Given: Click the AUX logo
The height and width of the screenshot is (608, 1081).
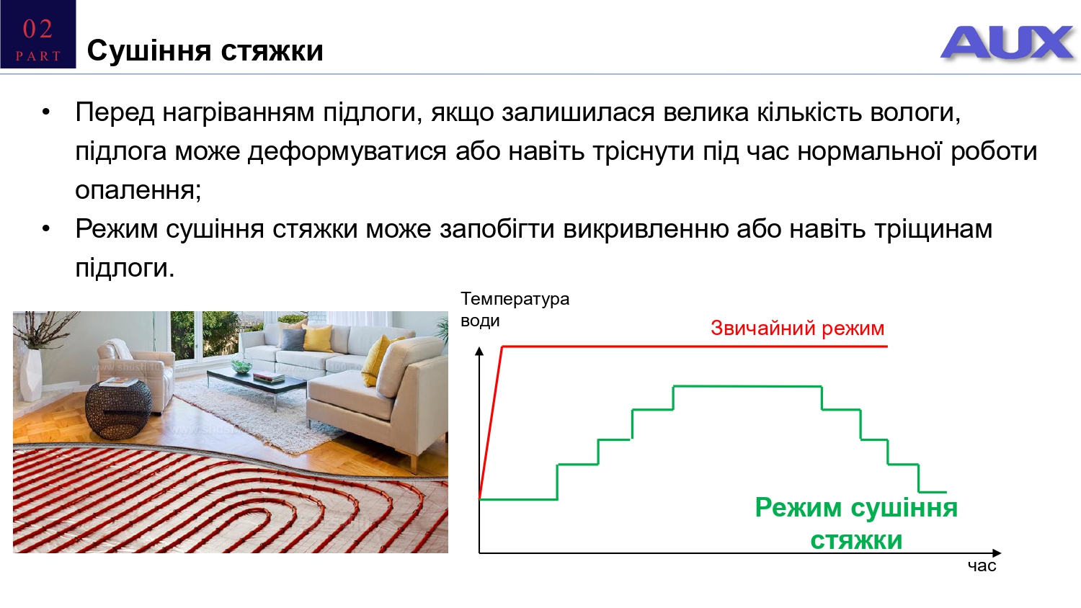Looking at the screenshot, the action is [1007, 43].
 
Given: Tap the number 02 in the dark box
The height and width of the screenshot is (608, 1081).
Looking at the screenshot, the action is [37, 29].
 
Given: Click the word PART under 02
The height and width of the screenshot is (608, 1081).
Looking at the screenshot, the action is [38, 56].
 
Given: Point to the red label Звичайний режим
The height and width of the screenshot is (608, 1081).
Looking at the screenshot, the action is [797, 328].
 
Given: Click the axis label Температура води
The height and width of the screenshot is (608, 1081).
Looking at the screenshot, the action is [515, 309].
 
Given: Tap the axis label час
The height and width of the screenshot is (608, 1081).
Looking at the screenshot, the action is [982, 565].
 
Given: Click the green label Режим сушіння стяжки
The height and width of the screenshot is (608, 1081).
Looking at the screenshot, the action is [856, 524].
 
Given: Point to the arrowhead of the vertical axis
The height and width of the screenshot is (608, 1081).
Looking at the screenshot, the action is [479, 351].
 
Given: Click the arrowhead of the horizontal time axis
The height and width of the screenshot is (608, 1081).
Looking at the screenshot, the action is [997, 553].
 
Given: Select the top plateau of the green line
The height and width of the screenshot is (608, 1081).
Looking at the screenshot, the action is [747, 386].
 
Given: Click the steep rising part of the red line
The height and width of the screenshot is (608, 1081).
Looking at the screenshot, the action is [491, 422].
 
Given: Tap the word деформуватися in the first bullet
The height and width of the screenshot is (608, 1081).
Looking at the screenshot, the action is [347, 151].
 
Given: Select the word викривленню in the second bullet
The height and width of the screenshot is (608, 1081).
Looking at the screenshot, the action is [646, 229].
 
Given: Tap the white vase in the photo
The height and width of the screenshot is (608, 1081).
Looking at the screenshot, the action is [33, 375].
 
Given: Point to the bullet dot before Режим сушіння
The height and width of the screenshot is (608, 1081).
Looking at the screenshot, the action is [46, 229].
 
